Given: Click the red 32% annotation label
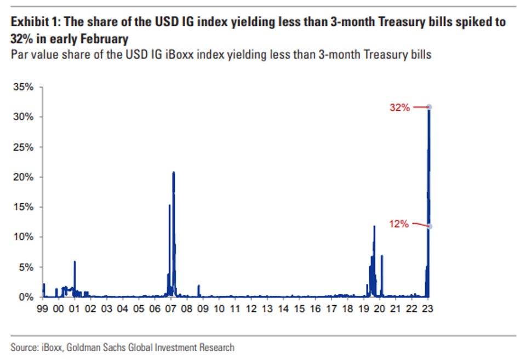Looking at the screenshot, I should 399,108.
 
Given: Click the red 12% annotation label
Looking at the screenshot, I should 399,224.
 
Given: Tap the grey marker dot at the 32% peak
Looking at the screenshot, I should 430,107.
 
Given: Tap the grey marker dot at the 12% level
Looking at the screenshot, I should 430,226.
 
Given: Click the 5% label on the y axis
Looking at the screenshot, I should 27,267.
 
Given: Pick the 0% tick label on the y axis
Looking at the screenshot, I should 27,297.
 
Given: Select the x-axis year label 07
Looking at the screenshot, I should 171,308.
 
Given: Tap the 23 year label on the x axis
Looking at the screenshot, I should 428,308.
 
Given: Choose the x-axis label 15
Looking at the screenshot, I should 299,308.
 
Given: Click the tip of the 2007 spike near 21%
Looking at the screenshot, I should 174,172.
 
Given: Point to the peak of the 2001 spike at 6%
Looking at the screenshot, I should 75,261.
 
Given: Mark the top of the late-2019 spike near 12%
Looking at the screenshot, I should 374,226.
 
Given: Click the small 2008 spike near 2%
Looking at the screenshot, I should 198,285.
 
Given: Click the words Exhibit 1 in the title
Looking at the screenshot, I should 33,22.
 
